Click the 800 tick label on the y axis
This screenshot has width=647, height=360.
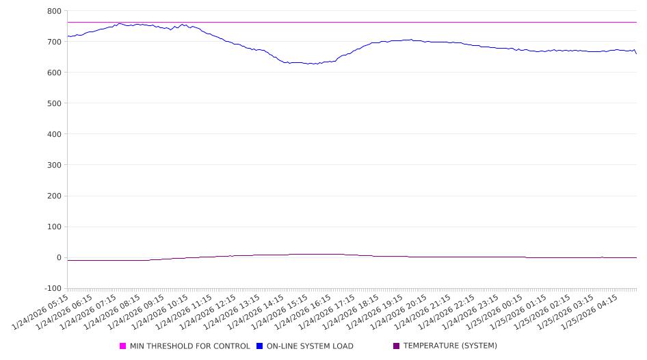54,11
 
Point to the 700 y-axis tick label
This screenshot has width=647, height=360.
54,42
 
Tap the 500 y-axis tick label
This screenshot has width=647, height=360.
54,103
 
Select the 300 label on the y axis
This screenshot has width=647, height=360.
54,165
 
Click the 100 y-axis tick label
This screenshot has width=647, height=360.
54,227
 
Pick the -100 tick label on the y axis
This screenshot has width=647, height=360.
51,289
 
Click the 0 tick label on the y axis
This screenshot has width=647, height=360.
59,258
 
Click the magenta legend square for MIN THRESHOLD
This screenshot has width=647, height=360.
123,346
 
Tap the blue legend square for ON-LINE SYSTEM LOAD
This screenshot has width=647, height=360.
260,346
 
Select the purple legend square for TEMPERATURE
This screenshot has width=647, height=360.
396,346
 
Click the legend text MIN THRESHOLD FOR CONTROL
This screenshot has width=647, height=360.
189,346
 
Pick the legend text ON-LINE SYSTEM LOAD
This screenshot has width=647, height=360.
310,346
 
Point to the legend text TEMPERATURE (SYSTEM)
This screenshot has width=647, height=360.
449,346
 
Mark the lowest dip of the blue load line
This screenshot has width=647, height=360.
311,64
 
